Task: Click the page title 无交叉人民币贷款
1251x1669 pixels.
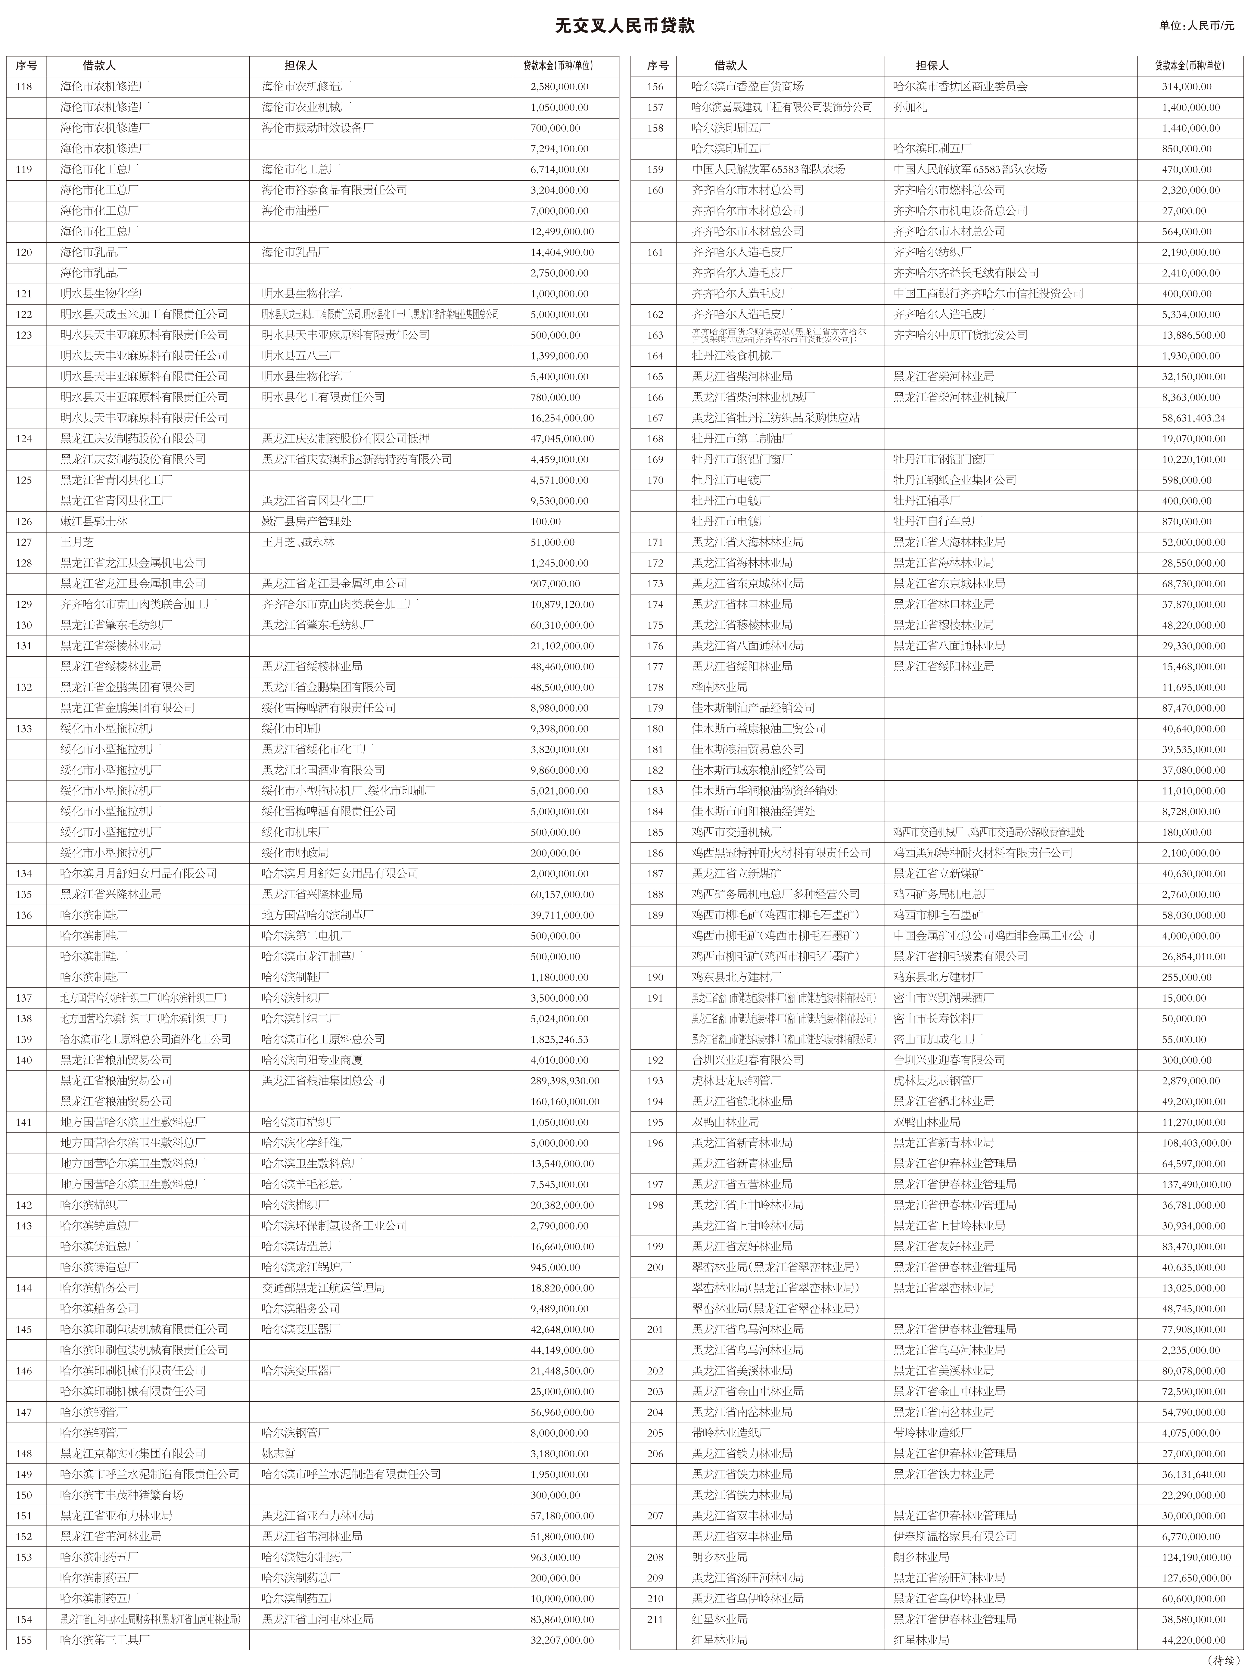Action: [x=625, y=26]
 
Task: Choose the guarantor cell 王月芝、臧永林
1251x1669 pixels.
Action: [x=298, y=542]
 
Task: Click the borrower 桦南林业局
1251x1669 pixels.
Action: [x=720, y=687]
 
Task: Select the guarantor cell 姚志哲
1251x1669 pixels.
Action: [x=279, y=1453]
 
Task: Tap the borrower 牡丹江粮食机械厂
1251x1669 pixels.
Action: [x=737, y=355]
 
